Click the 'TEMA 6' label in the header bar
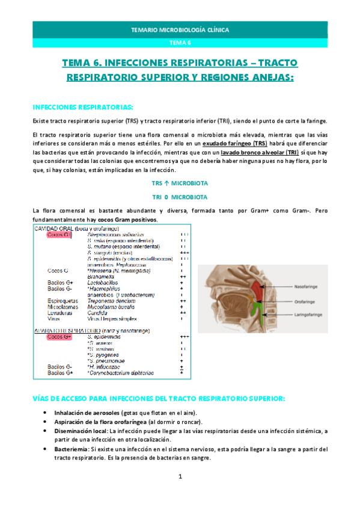[180, 43]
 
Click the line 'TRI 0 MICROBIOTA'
[180, 197]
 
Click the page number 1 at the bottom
[180, 494]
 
